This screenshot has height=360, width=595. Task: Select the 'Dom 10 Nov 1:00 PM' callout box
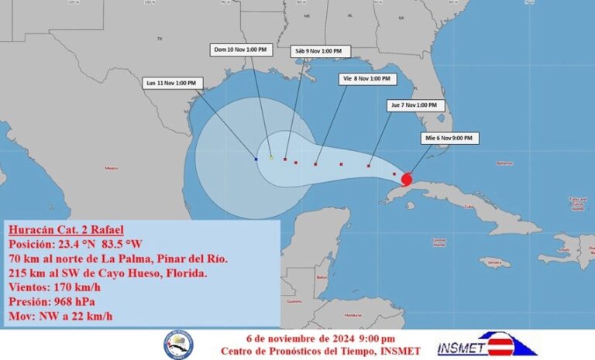coord(240,50)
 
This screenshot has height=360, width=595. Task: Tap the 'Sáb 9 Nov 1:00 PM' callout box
coord(320,51)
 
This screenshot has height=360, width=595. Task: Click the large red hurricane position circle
coord(408,180)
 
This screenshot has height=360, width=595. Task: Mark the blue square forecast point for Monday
coord(256,159)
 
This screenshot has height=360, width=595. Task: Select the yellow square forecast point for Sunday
coord(271,157)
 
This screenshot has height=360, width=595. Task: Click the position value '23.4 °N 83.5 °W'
coord(105,243)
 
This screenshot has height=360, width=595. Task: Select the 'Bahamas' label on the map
coord(505,163)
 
